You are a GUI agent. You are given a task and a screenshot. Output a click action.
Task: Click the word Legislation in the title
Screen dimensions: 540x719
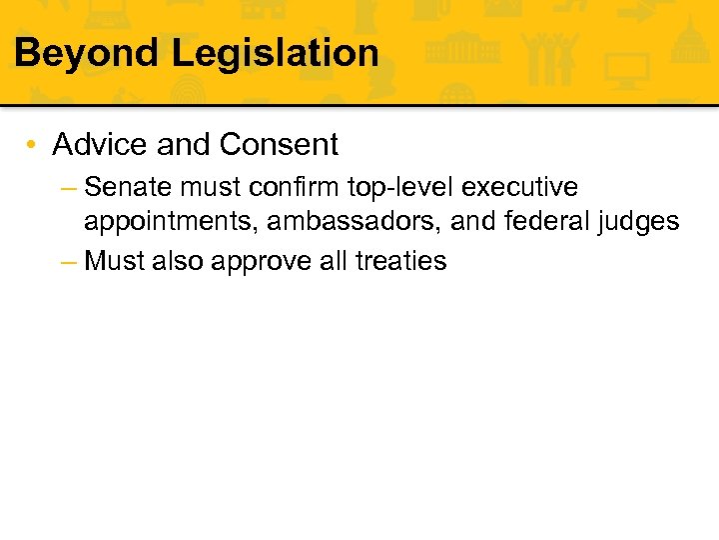[276, 52]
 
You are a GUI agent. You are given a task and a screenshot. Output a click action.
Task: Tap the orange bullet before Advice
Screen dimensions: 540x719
[33, 145]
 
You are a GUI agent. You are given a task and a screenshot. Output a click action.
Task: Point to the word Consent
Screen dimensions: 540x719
[279, 145]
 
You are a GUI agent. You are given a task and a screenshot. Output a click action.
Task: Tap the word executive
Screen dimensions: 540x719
[523, 188]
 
